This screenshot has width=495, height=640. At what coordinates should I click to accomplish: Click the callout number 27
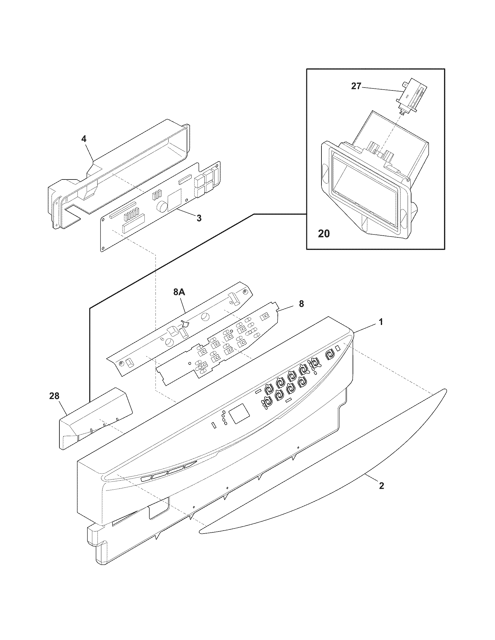pos(356,87)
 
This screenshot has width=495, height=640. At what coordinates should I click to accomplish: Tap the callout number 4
pos(84,138)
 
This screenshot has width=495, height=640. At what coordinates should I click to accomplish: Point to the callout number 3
pos(199,218)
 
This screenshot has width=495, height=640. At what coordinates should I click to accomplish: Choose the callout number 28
pos(54,396)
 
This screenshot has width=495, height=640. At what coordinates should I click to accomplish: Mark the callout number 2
pos(381,486)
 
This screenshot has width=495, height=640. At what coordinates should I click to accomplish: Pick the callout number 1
pos(381,322)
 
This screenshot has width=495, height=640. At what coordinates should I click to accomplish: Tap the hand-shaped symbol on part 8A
pos(185,324)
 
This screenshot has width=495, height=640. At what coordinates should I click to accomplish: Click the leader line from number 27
pos(380,89)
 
